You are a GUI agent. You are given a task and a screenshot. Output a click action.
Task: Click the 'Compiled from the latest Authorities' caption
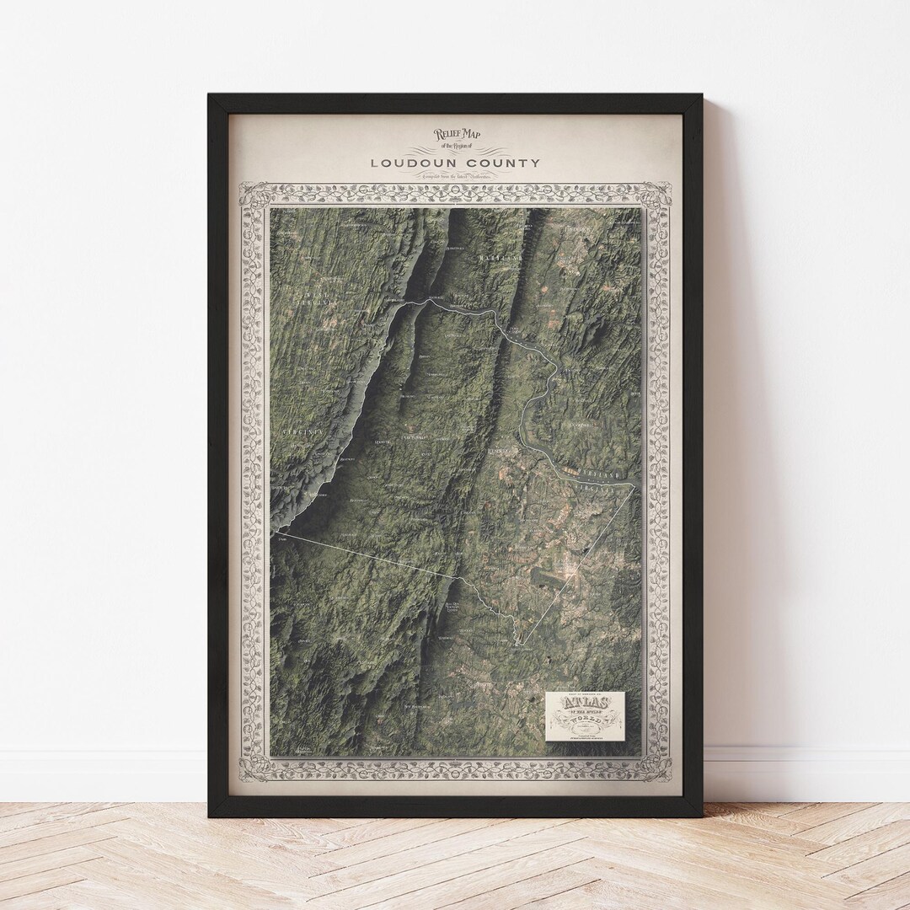[456, 177]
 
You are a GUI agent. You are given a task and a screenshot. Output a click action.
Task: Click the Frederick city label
[580, 229]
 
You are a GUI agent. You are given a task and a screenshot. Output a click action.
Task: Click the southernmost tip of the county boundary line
[520, 645]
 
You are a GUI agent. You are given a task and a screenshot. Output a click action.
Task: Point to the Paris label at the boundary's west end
[282, 537]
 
